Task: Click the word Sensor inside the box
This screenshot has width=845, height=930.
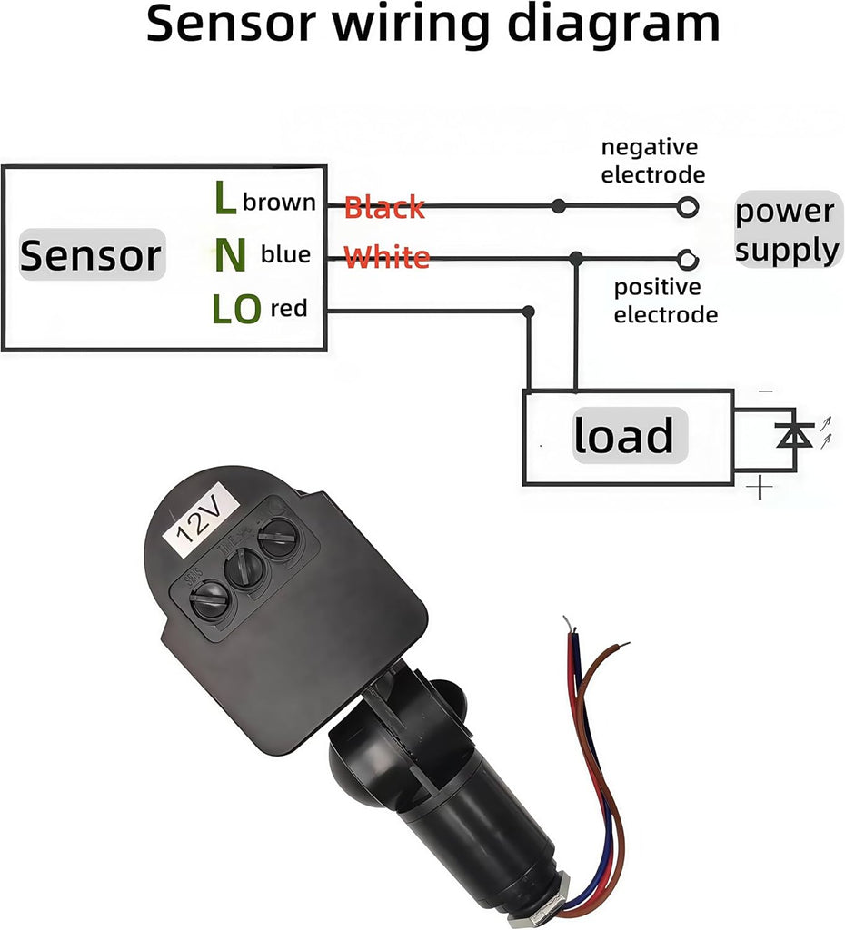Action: coord(90,255)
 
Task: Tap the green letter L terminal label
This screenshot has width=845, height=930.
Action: coord(224,199)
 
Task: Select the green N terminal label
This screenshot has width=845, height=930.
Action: coord(230,256)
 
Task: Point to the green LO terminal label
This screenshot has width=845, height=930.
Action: coord(235,311)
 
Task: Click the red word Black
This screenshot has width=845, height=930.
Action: coord(384,208)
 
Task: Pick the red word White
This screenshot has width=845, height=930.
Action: coord(387,257)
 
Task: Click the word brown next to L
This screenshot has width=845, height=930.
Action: coord(279,202)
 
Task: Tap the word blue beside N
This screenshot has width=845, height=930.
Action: coord(285,255)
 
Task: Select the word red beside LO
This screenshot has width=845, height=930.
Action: coord(289,310)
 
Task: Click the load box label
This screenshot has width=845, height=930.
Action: coord(623,436)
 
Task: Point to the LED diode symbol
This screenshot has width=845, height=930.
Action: coord(796,437)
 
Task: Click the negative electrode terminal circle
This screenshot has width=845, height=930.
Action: coord(688,206)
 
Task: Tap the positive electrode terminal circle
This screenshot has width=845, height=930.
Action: coord(688,260)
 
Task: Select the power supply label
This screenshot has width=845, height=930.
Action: coord(786,230)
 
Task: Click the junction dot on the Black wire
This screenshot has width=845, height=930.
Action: coord(559,206)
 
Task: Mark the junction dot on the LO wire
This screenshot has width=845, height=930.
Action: coord(529,312)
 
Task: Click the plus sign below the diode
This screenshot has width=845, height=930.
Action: coord(760,489)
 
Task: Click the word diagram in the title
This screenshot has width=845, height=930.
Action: coord(612,25)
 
